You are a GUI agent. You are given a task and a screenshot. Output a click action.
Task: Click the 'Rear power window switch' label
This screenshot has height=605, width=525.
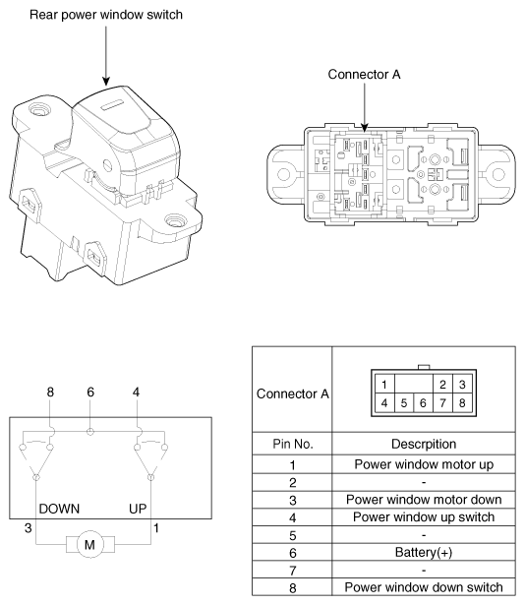(106, 15)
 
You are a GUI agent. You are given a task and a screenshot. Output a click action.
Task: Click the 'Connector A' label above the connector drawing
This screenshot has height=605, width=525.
(364, 74)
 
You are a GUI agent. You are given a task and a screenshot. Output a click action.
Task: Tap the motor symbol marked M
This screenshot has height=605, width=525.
(89, 544)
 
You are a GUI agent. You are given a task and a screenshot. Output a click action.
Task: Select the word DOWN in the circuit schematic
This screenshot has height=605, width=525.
(59, 509)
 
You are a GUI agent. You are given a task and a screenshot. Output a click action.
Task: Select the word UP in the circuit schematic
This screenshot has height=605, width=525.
(138, 509)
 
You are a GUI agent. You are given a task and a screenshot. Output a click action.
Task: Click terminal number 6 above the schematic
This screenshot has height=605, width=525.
(90, 392)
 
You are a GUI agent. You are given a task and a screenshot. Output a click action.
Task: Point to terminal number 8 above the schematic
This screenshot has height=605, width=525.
(50, 392)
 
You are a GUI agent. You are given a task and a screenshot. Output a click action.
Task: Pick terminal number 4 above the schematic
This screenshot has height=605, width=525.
(136, 392)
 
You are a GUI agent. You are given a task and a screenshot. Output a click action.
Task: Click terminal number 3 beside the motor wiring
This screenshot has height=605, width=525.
(28, 528)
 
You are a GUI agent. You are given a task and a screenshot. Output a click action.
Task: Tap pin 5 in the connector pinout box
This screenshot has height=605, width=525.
(404, 403)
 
